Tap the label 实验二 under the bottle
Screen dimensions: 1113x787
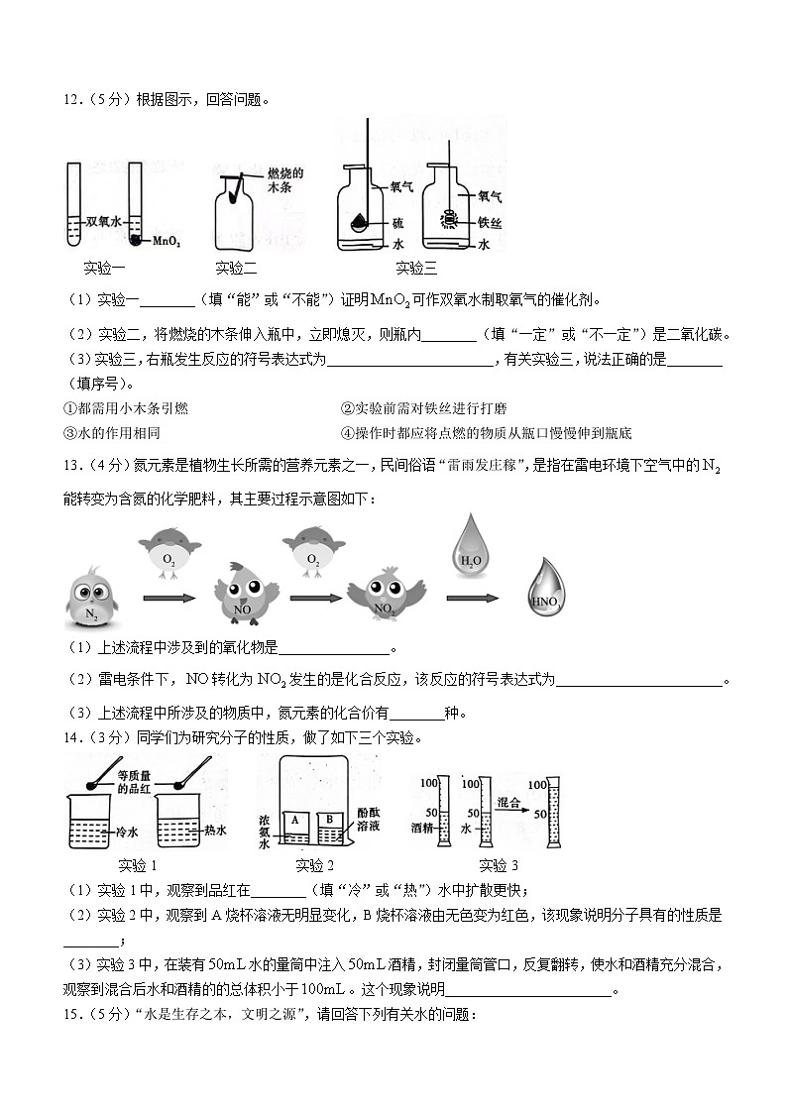point(236,268)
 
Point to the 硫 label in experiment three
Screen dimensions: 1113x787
point(397,223)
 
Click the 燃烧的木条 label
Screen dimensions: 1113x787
point(284,179)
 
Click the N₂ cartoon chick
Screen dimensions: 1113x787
point(91,601)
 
